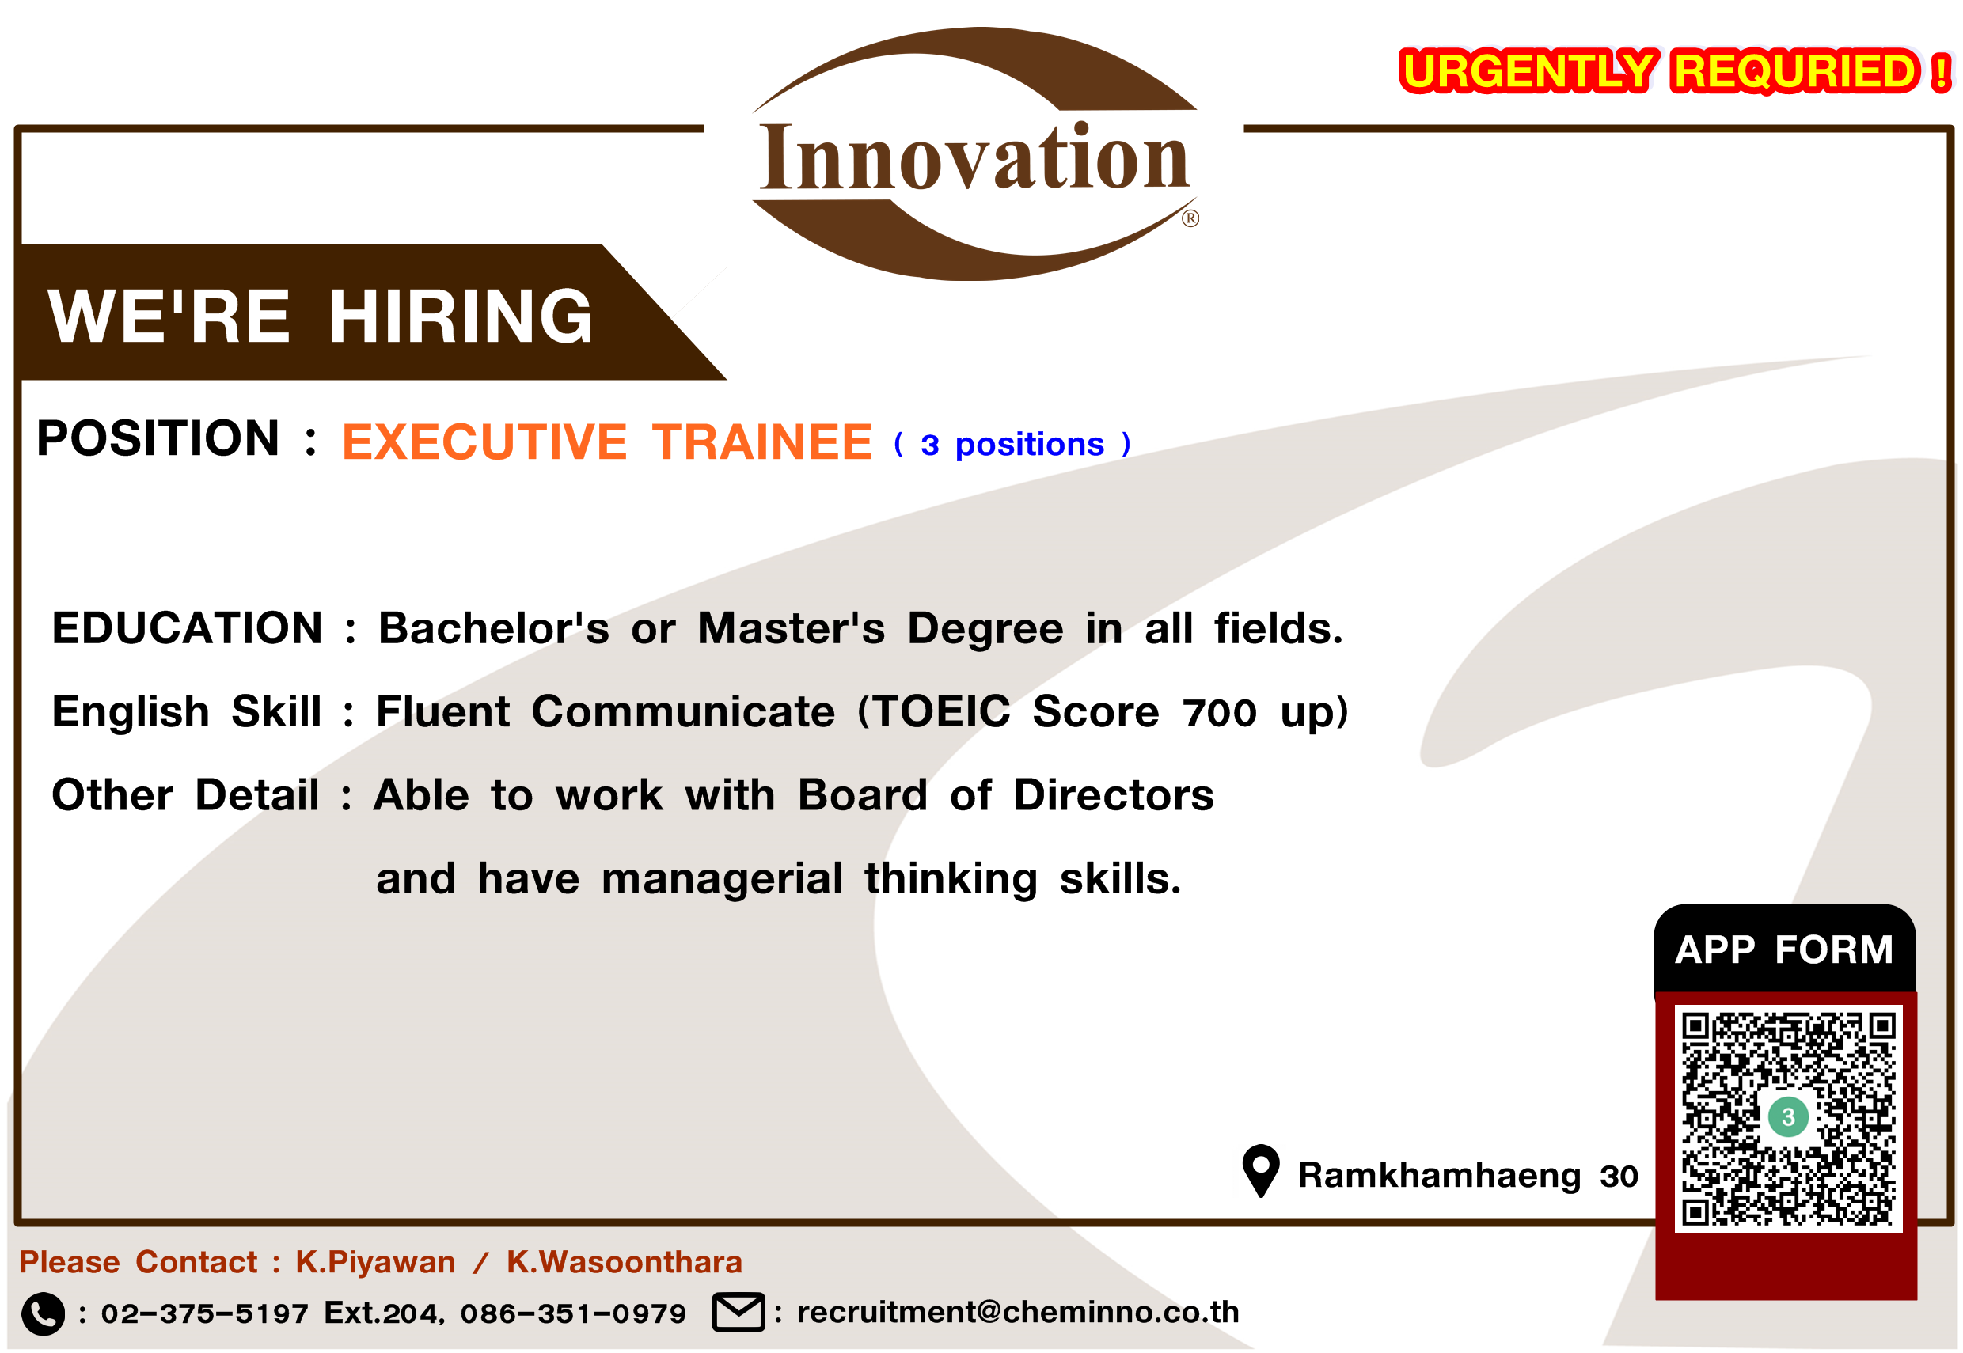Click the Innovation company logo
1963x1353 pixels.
click(974, 154)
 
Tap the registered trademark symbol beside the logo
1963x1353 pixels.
click(1190, 218)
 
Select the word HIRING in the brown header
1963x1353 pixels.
click(461, 316)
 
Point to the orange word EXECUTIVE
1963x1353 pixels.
click(484, 442)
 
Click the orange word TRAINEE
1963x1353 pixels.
click(761, 442)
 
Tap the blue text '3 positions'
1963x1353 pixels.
click(1012, 444)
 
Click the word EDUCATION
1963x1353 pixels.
click(188, 628)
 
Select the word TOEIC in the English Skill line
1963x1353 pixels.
click(942, 711)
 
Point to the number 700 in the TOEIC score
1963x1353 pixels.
click(1219, 713)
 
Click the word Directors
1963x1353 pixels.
click(1114, 795)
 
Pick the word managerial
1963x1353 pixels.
click(722, 879)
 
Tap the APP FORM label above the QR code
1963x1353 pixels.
click(1784, 949)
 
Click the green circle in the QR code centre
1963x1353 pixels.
click(1788, 1116)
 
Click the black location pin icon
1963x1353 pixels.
click(1261, 1171)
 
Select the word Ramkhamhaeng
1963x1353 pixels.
click(1439, 1176)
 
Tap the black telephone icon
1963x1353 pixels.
click(43, 1314)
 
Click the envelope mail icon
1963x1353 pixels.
click(738, 1313)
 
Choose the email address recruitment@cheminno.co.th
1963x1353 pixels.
click(1018, 1313)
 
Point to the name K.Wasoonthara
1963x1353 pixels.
click(624, 1262)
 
